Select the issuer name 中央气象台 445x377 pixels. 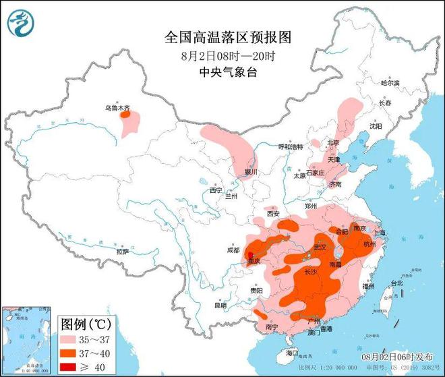point(222,72)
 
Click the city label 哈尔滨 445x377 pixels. point(390,83)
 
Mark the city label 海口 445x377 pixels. point(291,352)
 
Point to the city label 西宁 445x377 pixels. point(215,190)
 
